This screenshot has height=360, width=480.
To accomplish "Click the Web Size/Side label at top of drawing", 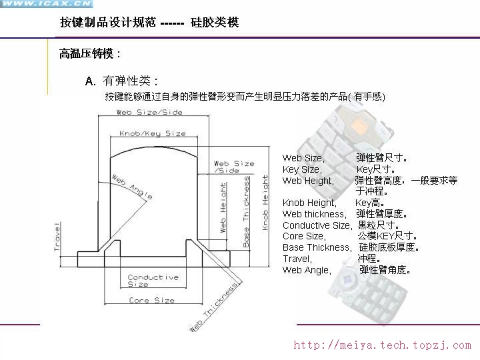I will pyautogui.click(x=149, y=112).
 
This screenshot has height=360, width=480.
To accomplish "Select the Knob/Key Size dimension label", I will pyautogui.click(x=153, y=133).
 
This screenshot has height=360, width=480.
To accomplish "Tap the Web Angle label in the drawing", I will pyautogui.click(x=131, y=187).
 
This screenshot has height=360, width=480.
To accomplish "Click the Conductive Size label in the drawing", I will pyautogui.click(x=153, y=281).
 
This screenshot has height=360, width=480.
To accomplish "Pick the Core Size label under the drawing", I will pyautogui.click(x=152, y=301).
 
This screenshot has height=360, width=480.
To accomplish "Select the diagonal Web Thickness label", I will pyautogui.click(x=214, y=307).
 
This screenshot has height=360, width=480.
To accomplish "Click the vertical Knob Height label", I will pyautogui.click(x=265, y=203).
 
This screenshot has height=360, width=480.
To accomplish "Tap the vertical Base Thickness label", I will pyautogui.click(x=246, y=211).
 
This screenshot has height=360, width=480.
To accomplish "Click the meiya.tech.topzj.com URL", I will pyautogui.click(x=382, y=345).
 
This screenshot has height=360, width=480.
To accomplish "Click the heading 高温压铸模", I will pyautogui.click(x=88, y=54).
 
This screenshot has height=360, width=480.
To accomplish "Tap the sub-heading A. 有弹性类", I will pyautogui.click(x=121, y=81).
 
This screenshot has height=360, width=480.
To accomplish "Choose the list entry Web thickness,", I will pyautogui.click(x=314, y=214).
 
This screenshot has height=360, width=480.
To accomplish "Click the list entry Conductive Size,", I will pyautogui.click(x=317, y=225).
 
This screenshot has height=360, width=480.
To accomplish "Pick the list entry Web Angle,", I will pyautogui.click(x=306, y=270).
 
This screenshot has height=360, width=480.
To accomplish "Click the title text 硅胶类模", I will pyautogui.click(x=215, y=23).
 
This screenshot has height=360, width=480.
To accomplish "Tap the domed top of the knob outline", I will pyautogui.click(x=153, y=146).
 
